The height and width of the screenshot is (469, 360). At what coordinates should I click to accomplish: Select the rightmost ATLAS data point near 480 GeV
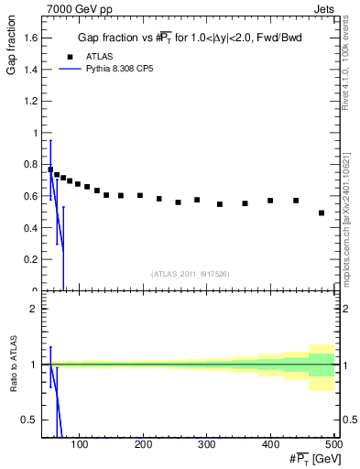322,213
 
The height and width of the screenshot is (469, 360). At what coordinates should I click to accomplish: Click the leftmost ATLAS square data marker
50,169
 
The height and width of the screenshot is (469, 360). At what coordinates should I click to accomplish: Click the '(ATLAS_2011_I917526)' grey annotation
191,274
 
